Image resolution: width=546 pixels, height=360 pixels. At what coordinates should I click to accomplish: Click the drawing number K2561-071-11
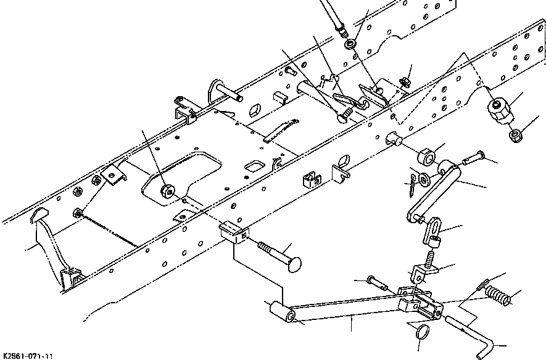click(x=28, y=356)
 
